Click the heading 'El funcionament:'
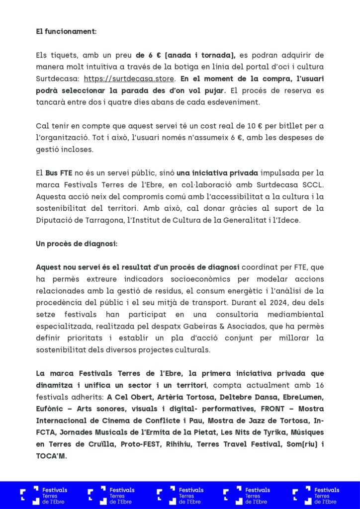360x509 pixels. (66, 31)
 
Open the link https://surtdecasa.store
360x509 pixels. (129, 79)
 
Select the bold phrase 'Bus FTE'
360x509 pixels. (59, 173)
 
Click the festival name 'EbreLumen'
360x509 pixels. (303, 397)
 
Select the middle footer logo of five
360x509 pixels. (180, 496)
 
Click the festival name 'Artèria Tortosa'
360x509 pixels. (182, 397)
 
